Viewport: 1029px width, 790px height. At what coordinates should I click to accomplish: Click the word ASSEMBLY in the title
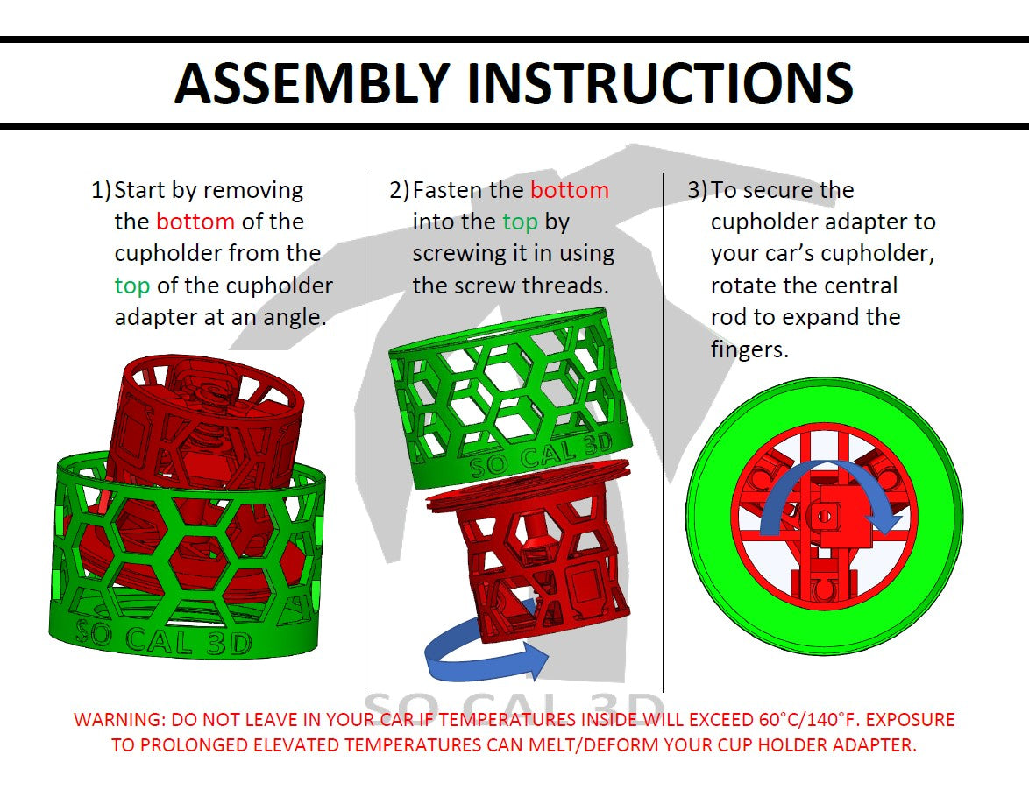tap(311, 83)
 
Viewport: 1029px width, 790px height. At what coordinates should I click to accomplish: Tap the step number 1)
tap(101, 190)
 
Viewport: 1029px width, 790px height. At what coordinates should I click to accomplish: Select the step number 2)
tap(399, 190)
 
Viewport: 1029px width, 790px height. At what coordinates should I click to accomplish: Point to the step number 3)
tap(697, 190)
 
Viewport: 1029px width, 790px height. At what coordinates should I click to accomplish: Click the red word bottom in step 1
tap(195, 222)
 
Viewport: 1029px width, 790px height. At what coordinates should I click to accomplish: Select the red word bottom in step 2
tap(569, 190)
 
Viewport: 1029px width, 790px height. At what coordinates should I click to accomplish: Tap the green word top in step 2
tap(520, 222)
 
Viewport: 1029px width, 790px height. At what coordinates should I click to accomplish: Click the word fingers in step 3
tap(749, 349)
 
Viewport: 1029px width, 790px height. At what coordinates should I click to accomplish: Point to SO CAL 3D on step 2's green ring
tap(541, 453)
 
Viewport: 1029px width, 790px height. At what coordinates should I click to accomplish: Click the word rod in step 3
tap(729, 317)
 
